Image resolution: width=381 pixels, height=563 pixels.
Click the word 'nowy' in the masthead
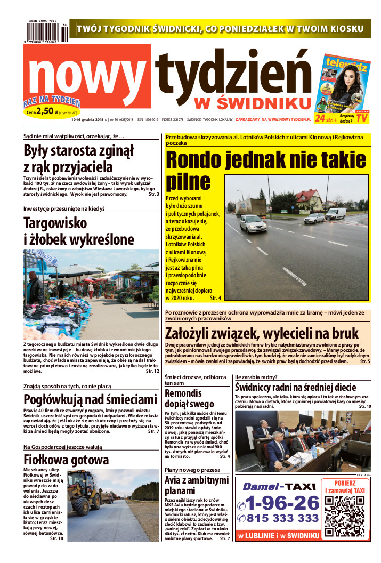pos(88,74)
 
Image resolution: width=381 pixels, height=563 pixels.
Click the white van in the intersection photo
pos(336,214)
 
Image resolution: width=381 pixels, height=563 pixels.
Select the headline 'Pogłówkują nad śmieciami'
pos(90,399)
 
